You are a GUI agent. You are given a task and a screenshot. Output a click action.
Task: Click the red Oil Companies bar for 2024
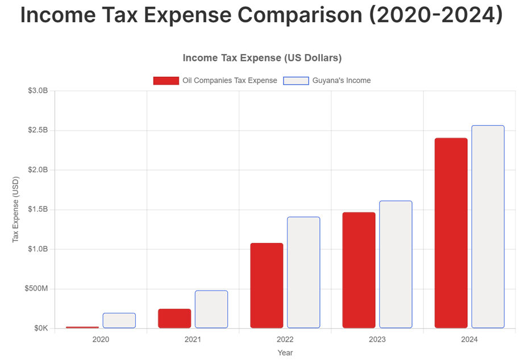click(451, 233)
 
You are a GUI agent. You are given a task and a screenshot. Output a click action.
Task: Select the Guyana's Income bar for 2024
click(488, 227)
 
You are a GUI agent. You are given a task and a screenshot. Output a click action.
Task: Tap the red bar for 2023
click(359, 270)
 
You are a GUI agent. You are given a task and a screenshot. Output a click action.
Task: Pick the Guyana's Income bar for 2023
click(396, 264)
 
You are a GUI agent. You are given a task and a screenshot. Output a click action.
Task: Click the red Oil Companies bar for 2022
click(267, 285)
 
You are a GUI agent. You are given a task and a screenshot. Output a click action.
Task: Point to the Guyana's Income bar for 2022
click(304, 272)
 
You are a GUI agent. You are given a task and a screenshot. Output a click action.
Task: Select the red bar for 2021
click(174, 318)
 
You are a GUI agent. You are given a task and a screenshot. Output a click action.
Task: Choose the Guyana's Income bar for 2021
click(211, 309)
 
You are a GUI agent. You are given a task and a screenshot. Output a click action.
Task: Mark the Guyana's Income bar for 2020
click(119, 321)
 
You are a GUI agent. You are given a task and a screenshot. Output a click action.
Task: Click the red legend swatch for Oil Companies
click(166, 81)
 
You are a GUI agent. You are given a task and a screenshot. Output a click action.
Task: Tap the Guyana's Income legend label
click(341, 81)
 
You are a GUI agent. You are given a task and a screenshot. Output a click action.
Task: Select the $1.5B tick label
click(38, 210)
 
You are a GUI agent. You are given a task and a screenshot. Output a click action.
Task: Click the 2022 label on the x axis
click(285, 340)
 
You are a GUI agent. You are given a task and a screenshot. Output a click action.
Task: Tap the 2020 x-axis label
click(101, 340)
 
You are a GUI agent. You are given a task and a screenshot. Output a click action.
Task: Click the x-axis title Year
click(285, 353)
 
